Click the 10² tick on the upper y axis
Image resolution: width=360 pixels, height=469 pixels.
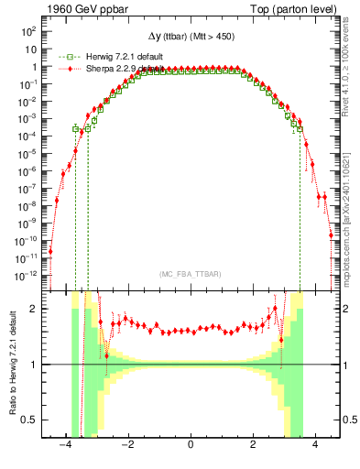(28, 31)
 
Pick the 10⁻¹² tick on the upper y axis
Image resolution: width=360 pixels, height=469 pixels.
(27, 275)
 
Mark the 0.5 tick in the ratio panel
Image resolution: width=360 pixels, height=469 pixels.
(28, 420)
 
